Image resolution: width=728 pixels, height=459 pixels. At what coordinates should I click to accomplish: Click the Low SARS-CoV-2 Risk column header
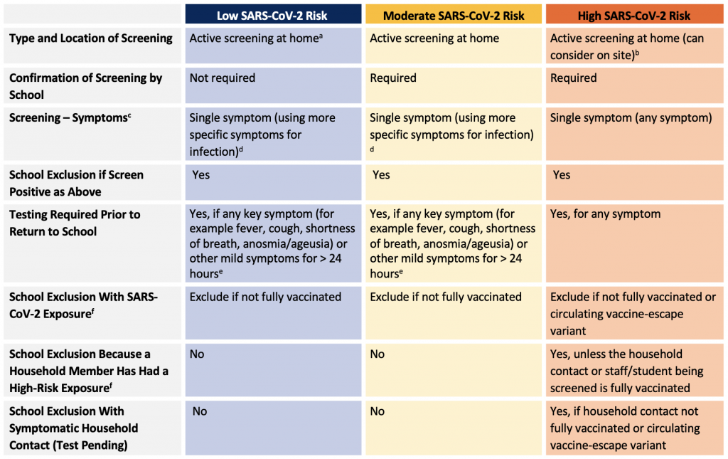(272, 16)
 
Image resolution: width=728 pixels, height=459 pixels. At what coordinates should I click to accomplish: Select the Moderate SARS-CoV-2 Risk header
(454, 16)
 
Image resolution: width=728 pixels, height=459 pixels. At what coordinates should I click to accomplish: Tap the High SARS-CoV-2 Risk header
(633, 16)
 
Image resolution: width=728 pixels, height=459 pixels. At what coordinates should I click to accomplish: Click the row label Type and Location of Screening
(91, 38)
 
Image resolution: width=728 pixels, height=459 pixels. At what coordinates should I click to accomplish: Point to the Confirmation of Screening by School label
(86, 86)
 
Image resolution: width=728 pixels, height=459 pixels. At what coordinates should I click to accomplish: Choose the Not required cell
(223, 78)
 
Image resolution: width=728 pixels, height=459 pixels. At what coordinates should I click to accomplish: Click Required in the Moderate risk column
(392, 78)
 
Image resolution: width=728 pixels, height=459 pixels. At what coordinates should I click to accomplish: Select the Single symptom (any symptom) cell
(631, 118)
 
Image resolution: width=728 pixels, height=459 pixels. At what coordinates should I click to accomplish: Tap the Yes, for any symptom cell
(606, 214)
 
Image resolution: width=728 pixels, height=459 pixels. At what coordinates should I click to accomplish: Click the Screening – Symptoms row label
(70, 117)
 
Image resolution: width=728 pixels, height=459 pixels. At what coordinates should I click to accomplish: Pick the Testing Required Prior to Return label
(75, 223)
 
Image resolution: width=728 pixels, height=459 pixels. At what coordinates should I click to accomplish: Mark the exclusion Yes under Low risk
(201, 175)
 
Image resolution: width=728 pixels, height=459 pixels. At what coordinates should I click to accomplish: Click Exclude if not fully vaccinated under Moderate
(446, 297)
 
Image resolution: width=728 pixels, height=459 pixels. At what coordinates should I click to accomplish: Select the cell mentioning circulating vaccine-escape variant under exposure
(633, 314)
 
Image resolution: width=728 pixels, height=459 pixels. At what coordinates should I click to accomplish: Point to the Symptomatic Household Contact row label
(74, 428)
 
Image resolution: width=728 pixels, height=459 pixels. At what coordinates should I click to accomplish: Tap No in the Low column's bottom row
(200, 411)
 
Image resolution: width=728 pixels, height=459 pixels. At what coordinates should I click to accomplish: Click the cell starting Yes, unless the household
(627, 371)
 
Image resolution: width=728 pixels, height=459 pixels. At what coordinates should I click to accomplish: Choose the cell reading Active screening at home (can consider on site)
(627, 46)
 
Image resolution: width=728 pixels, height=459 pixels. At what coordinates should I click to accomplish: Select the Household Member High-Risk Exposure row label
(89, 371)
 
